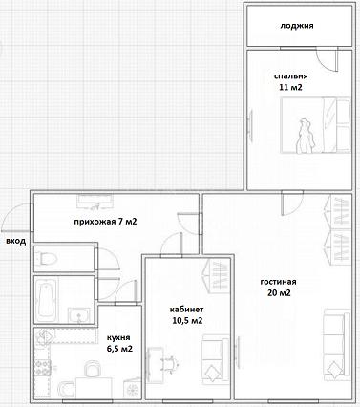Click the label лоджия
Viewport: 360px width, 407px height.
click(x=297, y=26)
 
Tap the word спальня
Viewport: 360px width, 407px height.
click(x=291, y=76)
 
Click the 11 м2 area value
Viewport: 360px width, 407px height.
click(x=290, y=87)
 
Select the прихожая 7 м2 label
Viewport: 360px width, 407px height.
click(x=105, y=222)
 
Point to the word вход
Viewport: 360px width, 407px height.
click(x=16, y=241)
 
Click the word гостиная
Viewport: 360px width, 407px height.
click(x=279, y=282)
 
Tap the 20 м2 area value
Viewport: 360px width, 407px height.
click(x=279, y=293)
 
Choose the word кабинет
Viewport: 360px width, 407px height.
click(x=187, y=310)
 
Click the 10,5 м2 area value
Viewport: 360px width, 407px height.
click(x=187, y=320)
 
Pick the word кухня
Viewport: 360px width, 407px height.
click(x=118, y=338)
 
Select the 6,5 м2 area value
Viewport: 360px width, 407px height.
click(x=120, y=349)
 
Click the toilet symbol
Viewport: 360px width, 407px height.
click(x=47, y=259)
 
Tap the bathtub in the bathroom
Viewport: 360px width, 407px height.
click(x=47, y=300)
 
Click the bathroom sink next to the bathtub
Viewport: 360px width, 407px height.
click(x=78, y=315)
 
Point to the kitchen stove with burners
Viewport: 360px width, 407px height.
click(x=43, y=367)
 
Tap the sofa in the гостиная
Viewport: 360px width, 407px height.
click(x=337, y=345)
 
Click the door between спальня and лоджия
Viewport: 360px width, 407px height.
click(x=328, y=60)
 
